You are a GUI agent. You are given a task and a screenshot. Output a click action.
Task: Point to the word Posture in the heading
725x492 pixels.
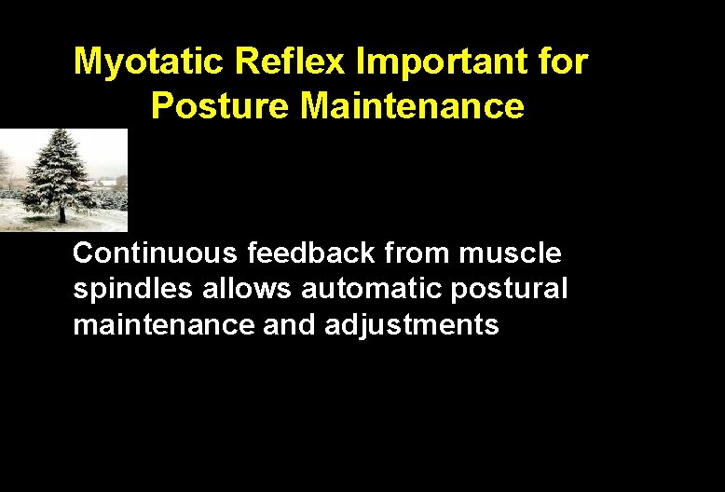220,106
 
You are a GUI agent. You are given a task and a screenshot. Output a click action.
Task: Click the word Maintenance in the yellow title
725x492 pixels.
413,106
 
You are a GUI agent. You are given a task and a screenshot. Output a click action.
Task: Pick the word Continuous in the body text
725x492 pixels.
156,253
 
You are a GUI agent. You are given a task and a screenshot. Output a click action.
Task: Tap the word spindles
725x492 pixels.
132,289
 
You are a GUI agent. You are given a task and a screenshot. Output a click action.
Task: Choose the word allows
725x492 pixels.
247,289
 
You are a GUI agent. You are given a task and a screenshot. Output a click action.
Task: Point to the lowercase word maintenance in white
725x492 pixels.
163,325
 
